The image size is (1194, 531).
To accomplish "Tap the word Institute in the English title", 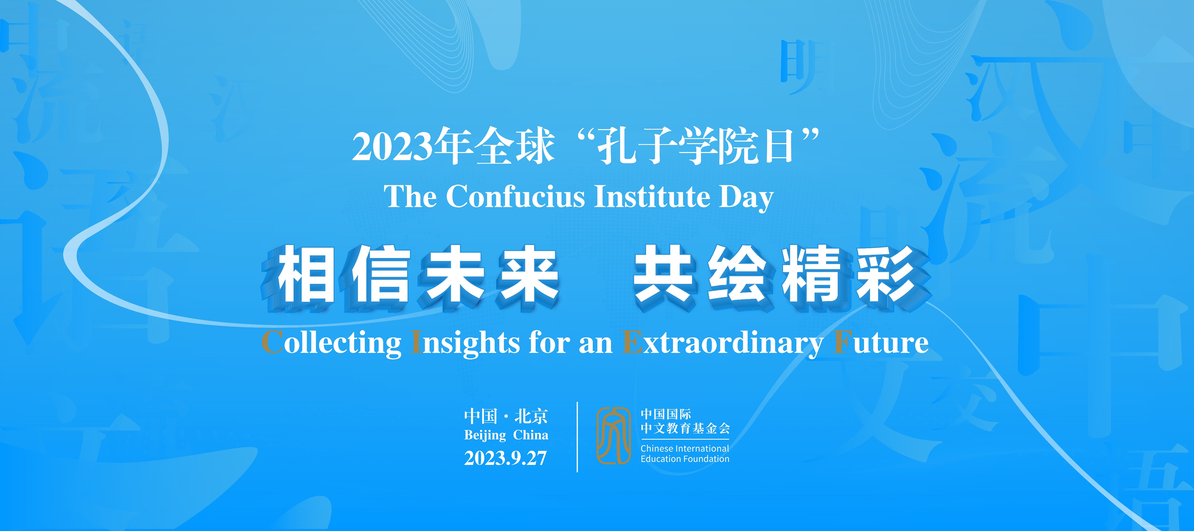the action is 652,197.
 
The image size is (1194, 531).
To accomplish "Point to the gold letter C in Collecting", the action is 273,343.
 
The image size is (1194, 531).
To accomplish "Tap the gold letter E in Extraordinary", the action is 631,343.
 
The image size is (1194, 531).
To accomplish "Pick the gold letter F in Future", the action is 843,343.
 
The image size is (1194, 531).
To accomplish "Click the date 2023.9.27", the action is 506,458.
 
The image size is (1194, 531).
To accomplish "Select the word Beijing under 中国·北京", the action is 485,435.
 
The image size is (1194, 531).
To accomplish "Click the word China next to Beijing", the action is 531,435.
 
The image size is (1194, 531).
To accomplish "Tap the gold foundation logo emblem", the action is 613,435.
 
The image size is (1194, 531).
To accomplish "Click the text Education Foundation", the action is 685,459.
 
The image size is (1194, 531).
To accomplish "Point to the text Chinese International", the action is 685,448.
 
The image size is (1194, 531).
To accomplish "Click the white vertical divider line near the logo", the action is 577,437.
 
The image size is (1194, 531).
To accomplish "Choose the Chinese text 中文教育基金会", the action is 685,428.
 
